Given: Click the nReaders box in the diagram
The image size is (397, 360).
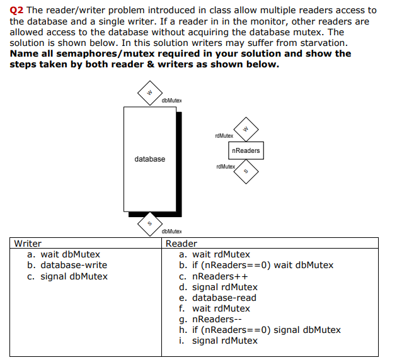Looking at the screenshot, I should coord(245,150).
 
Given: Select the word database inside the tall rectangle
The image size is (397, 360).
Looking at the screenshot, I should coord(149,159).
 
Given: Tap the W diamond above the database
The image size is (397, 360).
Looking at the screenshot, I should coord(150,93).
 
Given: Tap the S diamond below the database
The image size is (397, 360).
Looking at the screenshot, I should coord(150,222).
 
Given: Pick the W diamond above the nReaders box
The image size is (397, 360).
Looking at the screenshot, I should coord(246,129).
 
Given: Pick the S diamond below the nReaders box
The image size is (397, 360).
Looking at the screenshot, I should coord(246,172).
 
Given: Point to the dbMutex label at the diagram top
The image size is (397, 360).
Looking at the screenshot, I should coord(171,100).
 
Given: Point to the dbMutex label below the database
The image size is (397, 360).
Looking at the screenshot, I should coord(171,232).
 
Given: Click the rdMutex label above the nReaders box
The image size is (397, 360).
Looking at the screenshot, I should coord(224,135).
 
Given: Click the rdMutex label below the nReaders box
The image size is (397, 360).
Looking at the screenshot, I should coord(225,167).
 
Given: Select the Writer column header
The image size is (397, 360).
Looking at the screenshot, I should coord(28,244).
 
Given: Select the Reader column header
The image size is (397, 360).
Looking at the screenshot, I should coord(181,244).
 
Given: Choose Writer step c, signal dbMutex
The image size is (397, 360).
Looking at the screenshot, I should coord(74,276).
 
